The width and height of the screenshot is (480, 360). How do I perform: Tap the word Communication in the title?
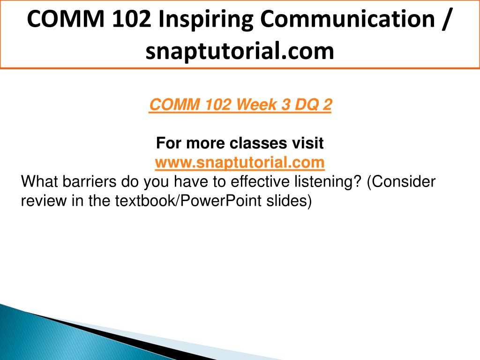(348, 19)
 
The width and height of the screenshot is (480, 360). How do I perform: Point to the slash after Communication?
(447, 19)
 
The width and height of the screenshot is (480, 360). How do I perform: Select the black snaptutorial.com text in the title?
(240, 51)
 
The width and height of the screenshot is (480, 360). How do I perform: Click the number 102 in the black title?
(132, 19)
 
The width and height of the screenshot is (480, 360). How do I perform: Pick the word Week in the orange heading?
(256, 105)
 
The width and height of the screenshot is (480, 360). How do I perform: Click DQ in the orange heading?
(307, 105)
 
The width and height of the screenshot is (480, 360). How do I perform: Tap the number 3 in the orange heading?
(285, 105)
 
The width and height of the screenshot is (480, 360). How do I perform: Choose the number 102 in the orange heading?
(217, 105)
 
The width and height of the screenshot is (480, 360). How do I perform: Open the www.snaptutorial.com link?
(240, 162)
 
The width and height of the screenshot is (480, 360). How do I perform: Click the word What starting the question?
(39, 181)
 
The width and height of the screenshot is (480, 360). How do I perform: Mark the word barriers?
(90, 181)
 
